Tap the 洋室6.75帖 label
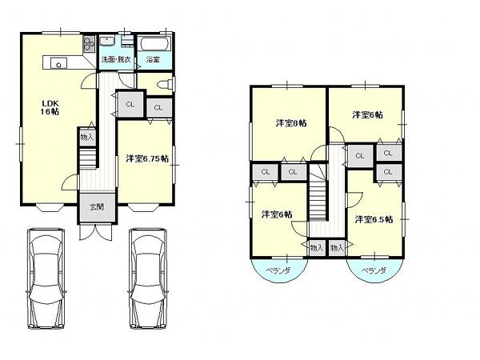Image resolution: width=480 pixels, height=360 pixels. pos(146,158)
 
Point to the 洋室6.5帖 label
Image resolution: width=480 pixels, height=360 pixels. pos(374,218)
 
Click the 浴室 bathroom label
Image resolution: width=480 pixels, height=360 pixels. pos(152,60)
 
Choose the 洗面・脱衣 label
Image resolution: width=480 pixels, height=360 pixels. pos(116,60)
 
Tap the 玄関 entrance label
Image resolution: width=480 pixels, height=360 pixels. pos(96,206)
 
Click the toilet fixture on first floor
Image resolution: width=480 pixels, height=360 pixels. pos(163,84)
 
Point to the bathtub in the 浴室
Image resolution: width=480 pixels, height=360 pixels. pos(152,43)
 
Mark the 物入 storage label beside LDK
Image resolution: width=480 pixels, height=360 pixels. pos(87,138)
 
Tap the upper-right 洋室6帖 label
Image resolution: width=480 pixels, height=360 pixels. pos(367,114)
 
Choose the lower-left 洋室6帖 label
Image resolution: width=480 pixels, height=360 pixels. pos(277,214)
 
